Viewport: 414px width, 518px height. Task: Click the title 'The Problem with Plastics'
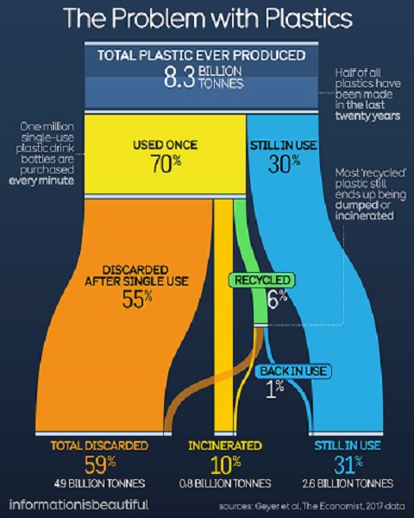tap(207, 18)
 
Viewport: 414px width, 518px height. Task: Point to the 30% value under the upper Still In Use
tap(284, 164)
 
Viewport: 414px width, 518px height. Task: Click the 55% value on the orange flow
tap(137, 299)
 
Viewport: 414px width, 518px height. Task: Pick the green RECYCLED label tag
tap(262, 280)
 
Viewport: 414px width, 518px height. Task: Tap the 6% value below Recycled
tap(277, 299)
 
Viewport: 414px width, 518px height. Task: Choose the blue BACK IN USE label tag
tap(293, 371)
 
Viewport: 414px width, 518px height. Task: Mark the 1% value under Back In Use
tap(274, 388)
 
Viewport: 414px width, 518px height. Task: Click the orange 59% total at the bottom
tap(100, 464)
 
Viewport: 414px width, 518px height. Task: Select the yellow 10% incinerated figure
tap(225, 464)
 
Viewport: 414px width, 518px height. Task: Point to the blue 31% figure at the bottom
tap(348, 464)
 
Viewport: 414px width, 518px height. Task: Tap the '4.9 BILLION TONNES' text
tap(99, 483)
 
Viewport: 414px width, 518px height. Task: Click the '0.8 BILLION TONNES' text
tap(225, 483)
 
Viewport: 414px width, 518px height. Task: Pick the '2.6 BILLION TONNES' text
tap(348, 483)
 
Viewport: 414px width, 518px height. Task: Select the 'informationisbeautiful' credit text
tap(78, 504)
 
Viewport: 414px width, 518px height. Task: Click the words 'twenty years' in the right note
tap(367, 116)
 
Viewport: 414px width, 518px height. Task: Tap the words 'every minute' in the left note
tap(41, 180)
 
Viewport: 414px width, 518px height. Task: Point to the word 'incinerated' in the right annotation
tap(365, 216)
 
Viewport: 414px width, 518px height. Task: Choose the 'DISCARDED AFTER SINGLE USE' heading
tap(136, 275)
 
